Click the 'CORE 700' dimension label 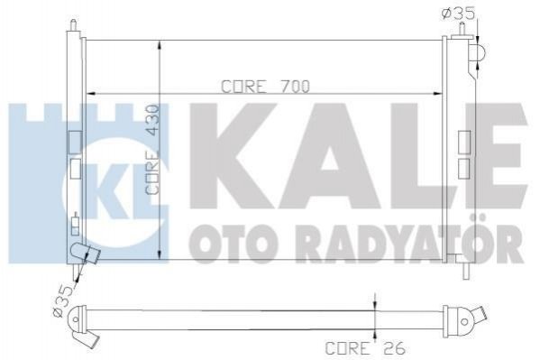(265, 87)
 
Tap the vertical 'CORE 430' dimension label (151, 150)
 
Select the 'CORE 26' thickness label (365, 348)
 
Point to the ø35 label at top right (458, 13)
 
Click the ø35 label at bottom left (63, 300)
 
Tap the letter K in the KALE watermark (235, 156)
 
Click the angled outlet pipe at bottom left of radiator (85, 253)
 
